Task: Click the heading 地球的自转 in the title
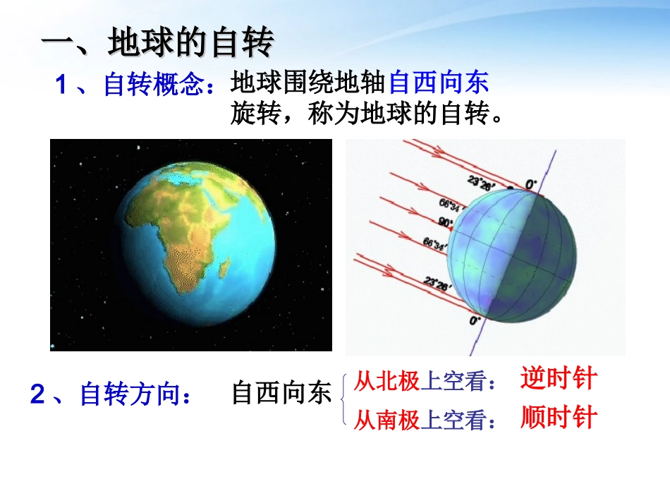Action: click(x=190, y=44)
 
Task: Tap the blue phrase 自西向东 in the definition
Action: click(x=438, y=84)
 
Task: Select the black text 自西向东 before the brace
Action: click(x=281, y=394)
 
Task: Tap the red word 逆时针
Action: click(x=558, y=380)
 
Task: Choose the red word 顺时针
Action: click(x=558, y=418)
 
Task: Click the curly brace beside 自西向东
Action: click(x=343, y=399)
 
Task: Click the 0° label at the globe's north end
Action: click(x=530, y=185)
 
